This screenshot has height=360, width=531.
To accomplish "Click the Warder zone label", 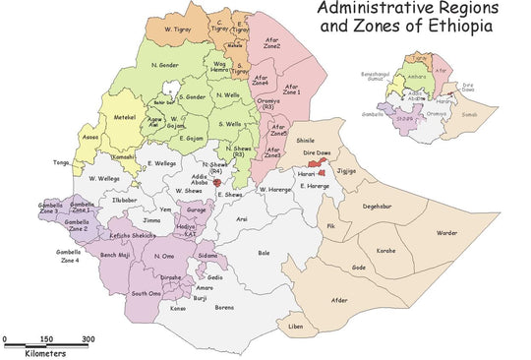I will tap(447, 233).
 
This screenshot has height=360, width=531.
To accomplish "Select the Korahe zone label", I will tap(385, 251).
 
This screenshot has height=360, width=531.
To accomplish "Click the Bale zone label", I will tap(264, 253).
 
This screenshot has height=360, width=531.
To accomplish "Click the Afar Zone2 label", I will tap(271, 42).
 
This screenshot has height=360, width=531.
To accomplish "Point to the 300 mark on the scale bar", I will tap(88, 339).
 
